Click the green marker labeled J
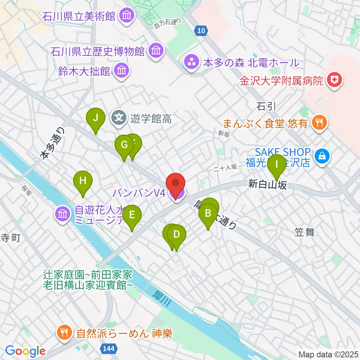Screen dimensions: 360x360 (x=96, y=118)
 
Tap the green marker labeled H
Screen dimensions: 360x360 (x=83, y=181)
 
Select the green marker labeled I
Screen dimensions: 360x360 (x=277, y=165)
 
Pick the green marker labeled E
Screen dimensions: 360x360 (x=132, y=215)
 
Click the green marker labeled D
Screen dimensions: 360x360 (x=176, y=235)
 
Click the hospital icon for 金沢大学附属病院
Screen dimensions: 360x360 (x=333, y=80)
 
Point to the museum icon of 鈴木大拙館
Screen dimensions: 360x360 (x=121, y=70)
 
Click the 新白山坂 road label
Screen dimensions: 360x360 (x=267, y=184)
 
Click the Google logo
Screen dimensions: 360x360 (x=25, y=351)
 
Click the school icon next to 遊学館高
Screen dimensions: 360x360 (x=119, y=119)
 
